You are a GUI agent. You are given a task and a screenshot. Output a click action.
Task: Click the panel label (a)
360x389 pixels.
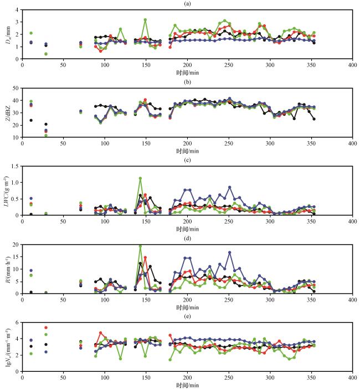(x=187, y=3)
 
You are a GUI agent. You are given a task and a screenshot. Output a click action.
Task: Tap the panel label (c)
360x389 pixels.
(x=187, y=160)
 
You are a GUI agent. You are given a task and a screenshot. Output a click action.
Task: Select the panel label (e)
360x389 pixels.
(x=187, y=316)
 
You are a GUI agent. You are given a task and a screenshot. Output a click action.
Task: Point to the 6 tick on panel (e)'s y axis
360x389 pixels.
(x=17, y=322)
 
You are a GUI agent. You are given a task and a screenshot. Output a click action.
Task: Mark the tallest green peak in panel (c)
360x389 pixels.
(x=140, y=178)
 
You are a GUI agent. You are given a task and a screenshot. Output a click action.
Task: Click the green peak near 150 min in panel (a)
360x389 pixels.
(x=145, y=20)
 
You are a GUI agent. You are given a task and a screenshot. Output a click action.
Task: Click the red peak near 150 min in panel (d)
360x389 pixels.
(x=145, y=257)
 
